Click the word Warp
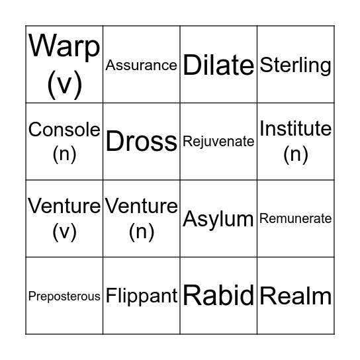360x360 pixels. tap(64, 46)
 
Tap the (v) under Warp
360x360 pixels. tap(64, 85)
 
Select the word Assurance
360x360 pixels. tap(141, 65)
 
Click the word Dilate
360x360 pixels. tap(218, 65)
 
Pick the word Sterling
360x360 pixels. tap(295, 65)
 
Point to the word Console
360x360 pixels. tap(64, 130)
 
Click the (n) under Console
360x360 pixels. tap(64, 154)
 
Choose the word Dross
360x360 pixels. tap(141, 142)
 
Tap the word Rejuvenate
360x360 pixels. tap(218, 142)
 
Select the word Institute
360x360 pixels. tap(295, 128)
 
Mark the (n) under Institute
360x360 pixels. tap(295, 154)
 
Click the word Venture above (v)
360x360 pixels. tap(64, 206)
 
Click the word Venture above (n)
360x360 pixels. tap(141, 206)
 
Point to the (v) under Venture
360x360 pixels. tap(64, 232)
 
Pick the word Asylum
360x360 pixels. tap(218, 219)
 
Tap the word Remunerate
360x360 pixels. tap(295, 218)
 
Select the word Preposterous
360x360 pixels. tap(64, 296)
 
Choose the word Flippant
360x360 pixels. tap(141, 296)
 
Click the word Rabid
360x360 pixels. tap(218, 295)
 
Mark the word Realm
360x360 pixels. tap(295, 296)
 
